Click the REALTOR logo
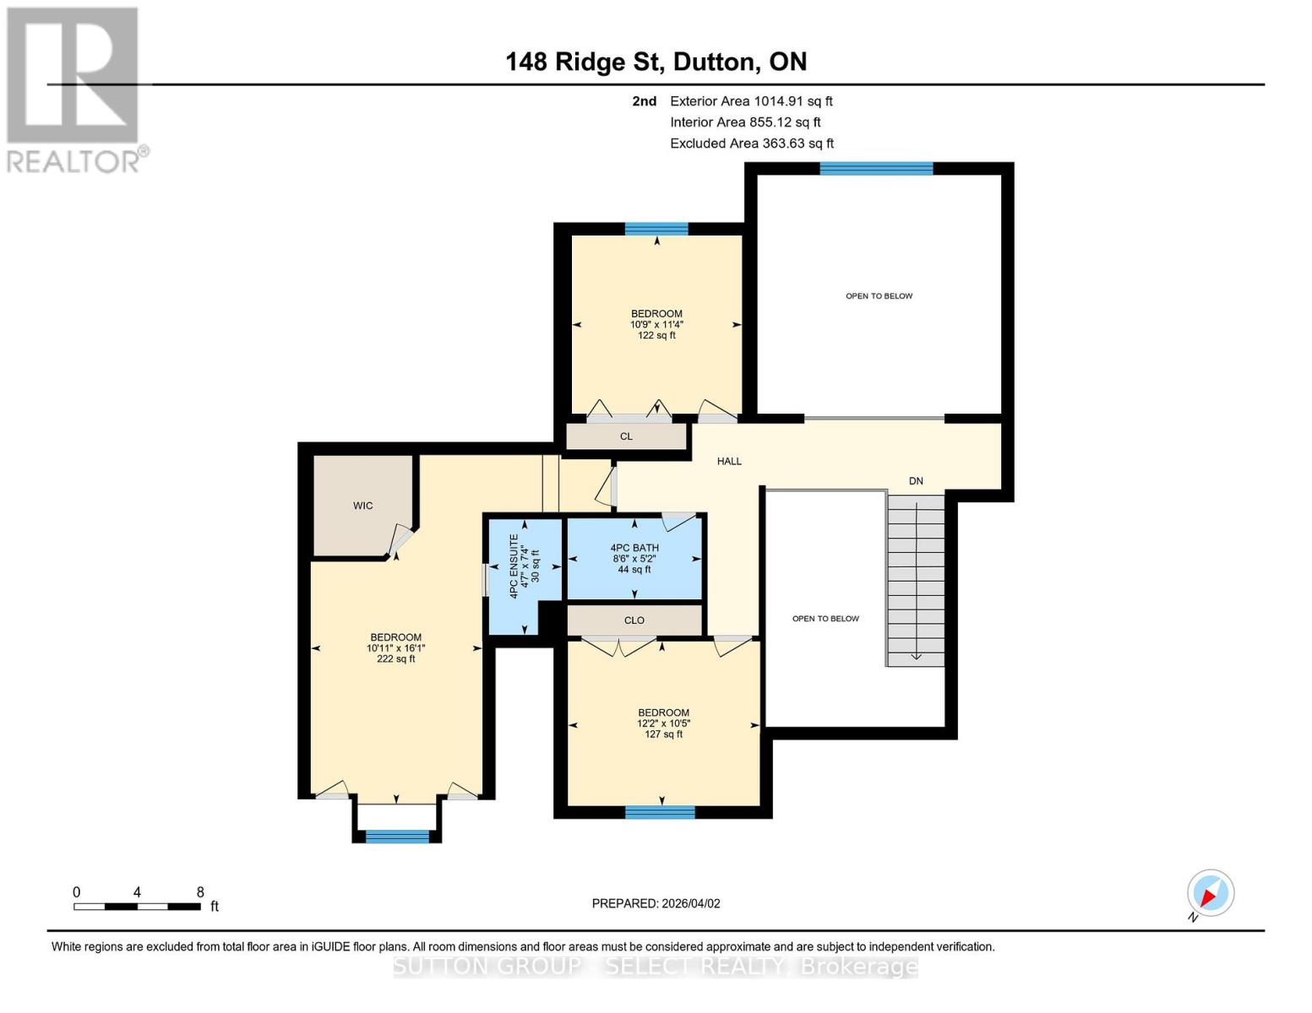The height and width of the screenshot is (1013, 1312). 73,89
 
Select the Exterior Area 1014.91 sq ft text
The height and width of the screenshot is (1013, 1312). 750,101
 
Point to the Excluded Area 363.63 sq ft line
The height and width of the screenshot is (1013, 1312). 751,144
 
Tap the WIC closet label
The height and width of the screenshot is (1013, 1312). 362,506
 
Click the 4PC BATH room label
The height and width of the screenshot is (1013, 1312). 634,548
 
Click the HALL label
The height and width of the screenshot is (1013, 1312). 729,461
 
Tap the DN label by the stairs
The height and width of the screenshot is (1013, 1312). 916,481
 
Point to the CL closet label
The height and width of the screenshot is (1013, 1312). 626,436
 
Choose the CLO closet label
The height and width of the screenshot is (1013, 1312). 634,620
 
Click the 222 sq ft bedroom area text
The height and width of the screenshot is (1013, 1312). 395,659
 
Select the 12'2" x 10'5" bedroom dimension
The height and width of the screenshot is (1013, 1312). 663,723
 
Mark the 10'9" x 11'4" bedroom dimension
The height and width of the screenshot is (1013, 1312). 656,324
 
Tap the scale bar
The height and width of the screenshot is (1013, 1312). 137,907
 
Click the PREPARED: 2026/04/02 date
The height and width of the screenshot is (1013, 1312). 656,903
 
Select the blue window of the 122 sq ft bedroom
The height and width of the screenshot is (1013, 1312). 656,229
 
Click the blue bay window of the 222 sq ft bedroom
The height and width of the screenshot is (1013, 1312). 397,837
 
